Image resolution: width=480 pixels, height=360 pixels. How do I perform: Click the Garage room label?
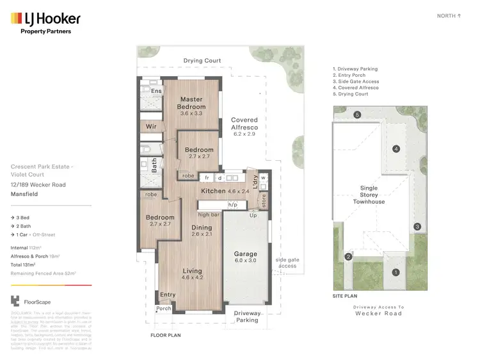(x=245, y=257)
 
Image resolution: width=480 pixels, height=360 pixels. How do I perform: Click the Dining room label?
(x=202, y=231)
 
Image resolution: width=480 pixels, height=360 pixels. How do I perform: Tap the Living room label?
(x=192, y=274)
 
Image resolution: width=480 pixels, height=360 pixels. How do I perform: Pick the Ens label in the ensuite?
(x=155, y=92)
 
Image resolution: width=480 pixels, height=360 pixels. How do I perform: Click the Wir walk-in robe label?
(x=151, y=126)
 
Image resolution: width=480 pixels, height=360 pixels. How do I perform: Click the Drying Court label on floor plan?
(x=202, y=61)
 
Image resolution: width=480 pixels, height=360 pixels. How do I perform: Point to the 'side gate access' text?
(x=287, y=263)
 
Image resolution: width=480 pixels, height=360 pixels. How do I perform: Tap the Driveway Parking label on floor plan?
(x=247, y=317)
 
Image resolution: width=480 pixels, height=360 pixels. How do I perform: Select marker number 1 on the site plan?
(x=396, y=272)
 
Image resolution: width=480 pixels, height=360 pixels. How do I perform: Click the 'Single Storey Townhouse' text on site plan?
(x=369, y=195)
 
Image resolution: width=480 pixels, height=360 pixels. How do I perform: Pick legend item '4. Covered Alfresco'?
(x=355, y=88)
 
